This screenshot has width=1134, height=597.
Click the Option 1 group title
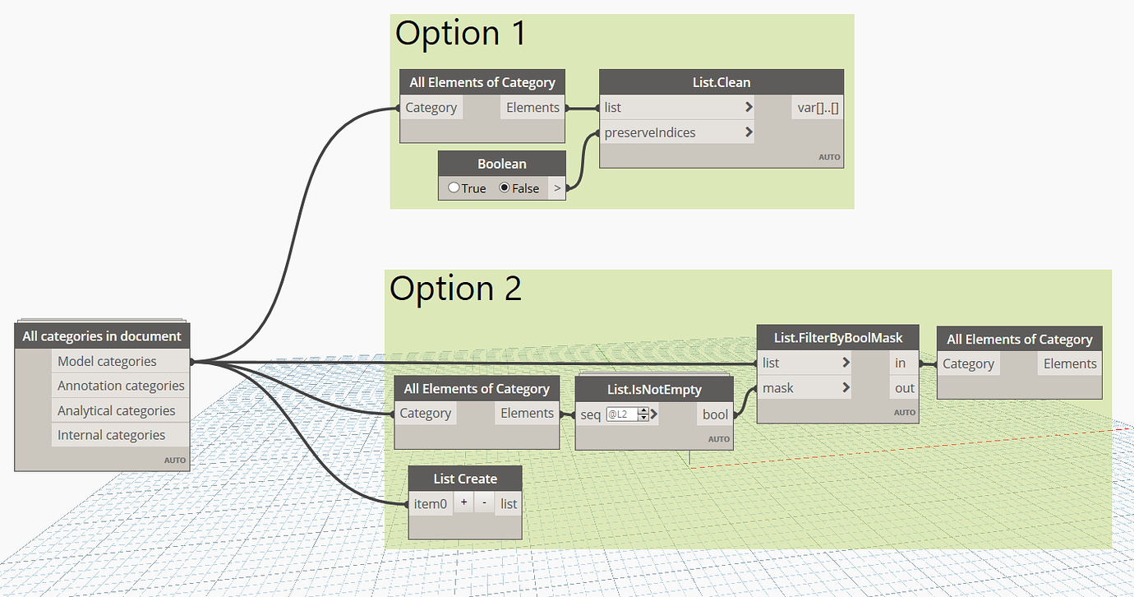(459, 34)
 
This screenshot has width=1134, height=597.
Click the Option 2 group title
(455, 289)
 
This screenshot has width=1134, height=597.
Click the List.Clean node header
(721, 82)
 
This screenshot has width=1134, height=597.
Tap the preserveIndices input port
(649, 132)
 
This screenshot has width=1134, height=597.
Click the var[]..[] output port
(818, 108)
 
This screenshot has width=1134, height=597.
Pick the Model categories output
(107, 361)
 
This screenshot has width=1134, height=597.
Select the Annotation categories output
(121, 386)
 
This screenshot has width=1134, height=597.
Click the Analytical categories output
(116, 410)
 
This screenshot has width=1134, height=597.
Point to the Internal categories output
(111, 435)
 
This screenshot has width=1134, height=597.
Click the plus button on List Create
(463, 503)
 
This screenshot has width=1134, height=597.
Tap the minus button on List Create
(485, 503)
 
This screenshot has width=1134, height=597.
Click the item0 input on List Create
(431, 503)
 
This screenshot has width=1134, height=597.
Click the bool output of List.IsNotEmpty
(714, 414)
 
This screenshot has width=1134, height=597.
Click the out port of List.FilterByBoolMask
(904, 388)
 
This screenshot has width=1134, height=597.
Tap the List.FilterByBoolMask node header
(837, 338)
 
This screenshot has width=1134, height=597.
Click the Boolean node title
(501, 164)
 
